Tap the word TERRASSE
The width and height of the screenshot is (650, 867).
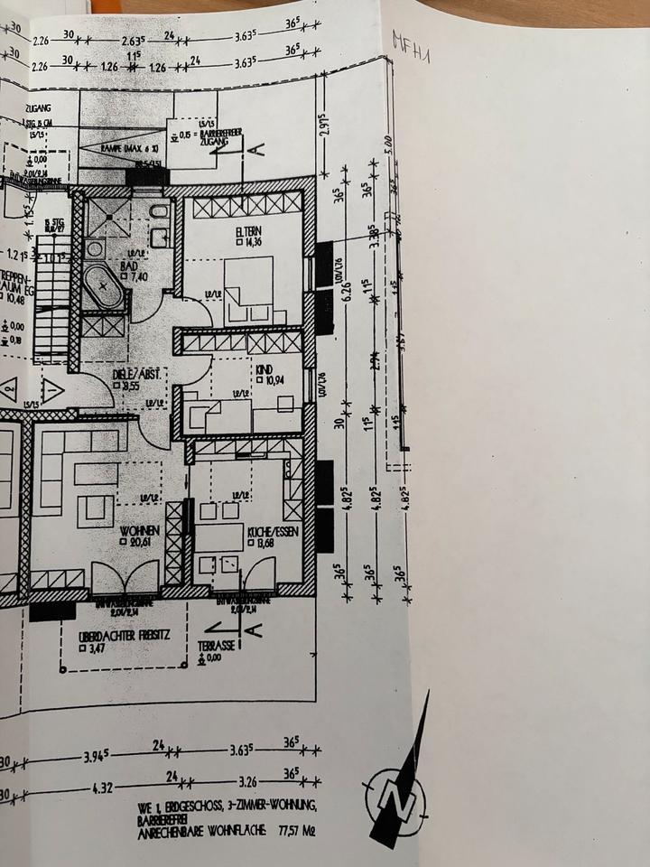click(219, 647)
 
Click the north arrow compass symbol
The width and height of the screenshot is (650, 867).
click(395, 795)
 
